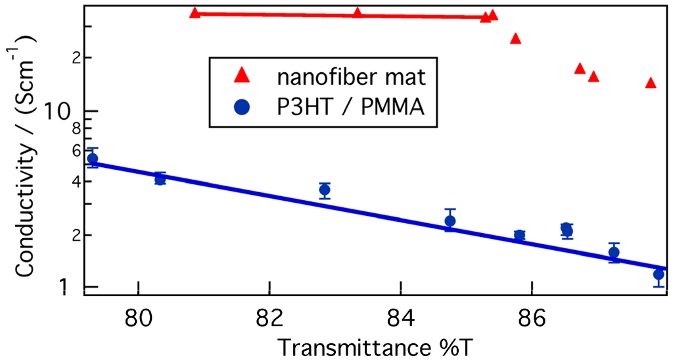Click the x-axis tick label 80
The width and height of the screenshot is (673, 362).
click(138, 323)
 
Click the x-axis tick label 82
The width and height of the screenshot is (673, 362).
click(269, 323)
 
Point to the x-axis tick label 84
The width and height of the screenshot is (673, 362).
click(400, 323)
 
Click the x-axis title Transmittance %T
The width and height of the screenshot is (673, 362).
click(371, 347)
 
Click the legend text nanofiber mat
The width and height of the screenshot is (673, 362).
click(352, 77)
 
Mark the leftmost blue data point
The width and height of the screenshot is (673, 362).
click(93, 159)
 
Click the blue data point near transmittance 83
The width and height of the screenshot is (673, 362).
click(324, 190)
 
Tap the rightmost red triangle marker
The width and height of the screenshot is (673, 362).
click(651, 83)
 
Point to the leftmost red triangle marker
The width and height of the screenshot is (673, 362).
click(195, 13)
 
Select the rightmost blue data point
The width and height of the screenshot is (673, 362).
click(659, 274)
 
